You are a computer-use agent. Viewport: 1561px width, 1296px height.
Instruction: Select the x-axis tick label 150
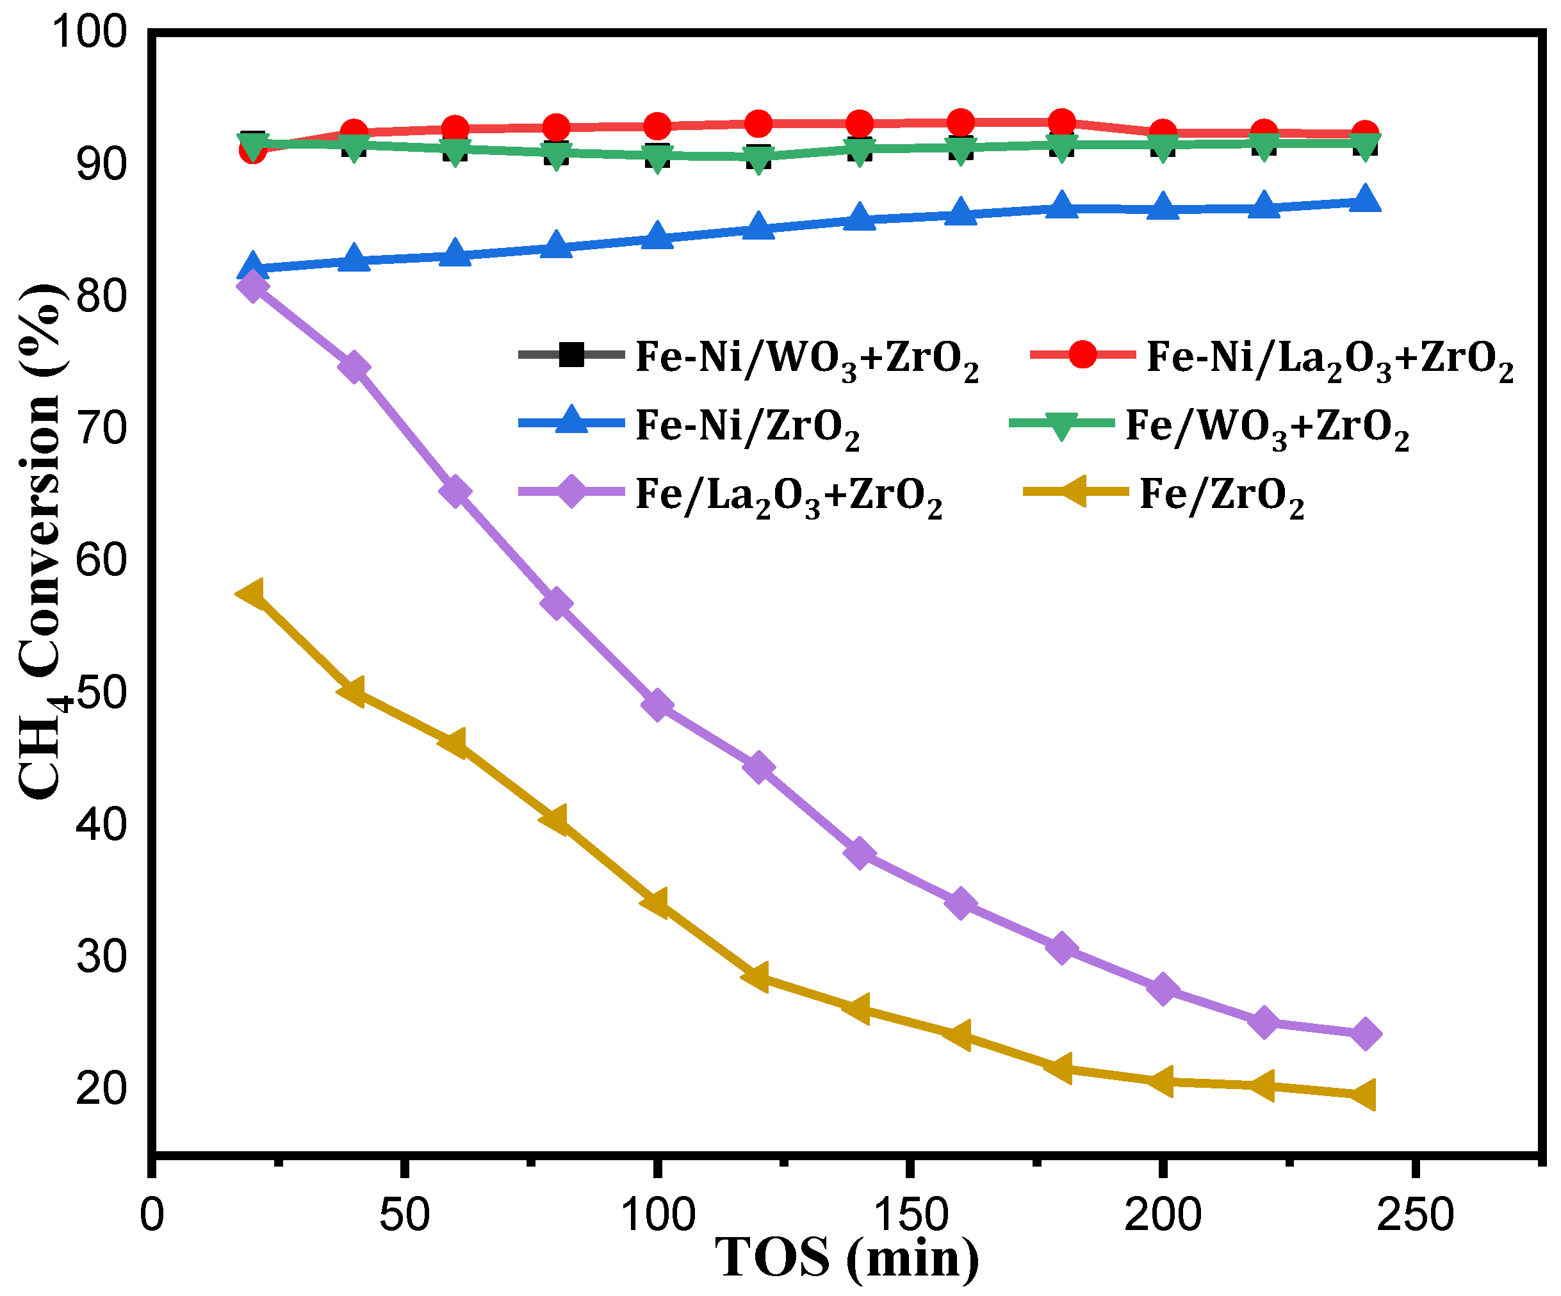tap(910, 1214)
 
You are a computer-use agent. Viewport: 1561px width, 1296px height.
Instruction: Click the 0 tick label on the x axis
tap(152, 1214)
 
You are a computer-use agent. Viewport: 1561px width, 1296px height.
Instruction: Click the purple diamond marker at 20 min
tap(254, 286)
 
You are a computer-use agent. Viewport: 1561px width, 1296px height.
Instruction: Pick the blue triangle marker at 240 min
tap(1365, 200)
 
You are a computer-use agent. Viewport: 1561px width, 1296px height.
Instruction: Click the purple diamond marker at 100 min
tap(657, 704)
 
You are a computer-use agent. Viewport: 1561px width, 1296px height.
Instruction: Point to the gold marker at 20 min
tap(251, 593)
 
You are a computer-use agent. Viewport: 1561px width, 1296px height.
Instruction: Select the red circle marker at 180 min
tap(1061, 122)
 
